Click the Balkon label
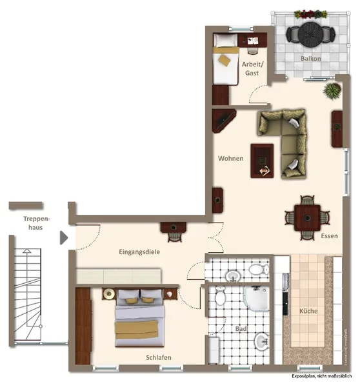coord(310,59)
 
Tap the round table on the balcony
coord(310,34)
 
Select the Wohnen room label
coord(230,159)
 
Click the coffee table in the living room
coord(262,161)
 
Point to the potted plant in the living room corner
coord(332,91)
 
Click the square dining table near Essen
coord(307,218)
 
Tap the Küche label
coord(308,311)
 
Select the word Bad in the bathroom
coord(241,329)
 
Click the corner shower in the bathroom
coord(256,299)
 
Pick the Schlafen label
coord(159,357)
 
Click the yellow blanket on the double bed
coord(137,330)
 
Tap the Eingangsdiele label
coord(139,252)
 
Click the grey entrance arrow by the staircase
coord(64,238)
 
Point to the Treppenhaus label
coord(37,223)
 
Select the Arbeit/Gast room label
coord(252,68)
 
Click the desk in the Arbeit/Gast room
coord(252,40)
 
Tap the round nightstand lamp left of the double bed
coord(108,293)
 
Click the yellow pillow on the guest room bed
coord(225,60)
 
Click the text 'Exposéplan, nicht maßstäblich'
coord(322,376)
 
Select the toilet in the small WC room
coord(259,269)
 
